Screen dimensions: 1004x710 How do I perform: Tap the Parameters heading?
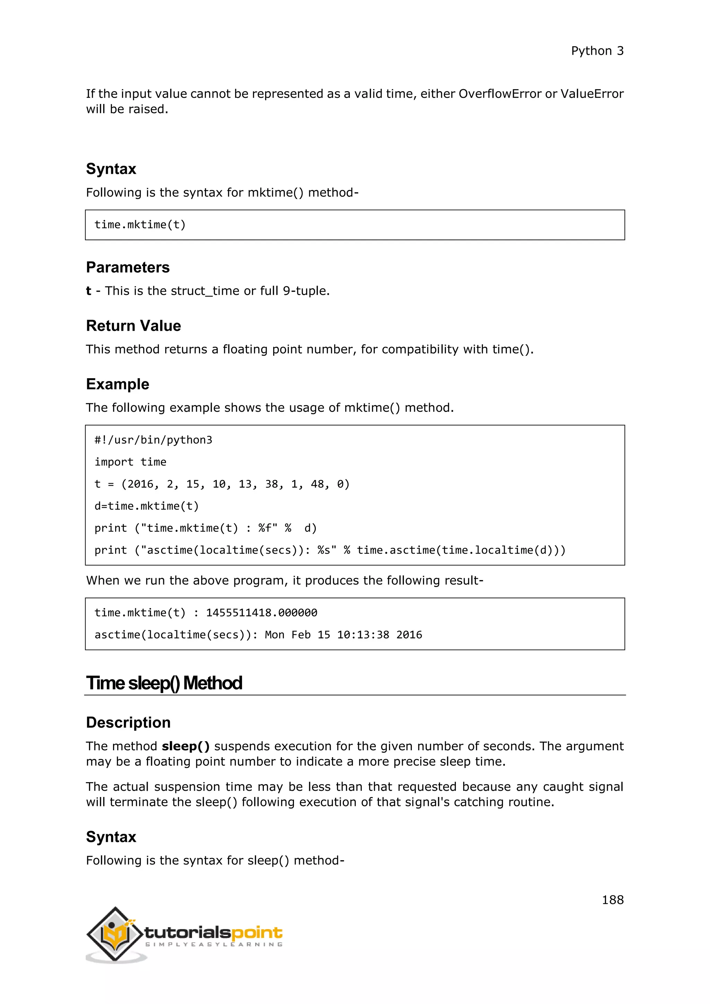128,267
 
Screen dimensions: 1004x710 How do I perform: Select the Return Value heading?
133,326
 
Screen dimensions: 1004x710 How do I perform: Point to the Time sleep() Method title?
164,683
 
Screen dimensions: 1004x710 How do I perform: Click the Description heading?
128,722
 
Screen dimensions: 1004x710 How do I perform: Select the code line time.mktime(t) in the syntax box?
140,225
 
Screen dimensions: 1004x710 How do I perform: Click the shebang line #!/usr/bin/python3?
153,440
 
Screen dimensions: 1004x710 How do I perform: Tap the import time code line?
130,462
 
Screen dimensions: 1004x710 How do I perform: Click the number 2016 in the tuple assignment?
140,484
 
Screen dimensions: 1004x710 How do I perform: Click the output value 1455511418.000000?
261,613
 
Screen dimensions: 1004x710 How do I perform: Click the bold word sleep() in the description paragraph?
186,746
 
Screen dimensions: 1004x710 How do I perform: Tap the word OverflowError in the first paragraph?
500,94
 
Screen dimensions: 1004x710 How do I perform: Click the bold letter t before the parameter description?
88,291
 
